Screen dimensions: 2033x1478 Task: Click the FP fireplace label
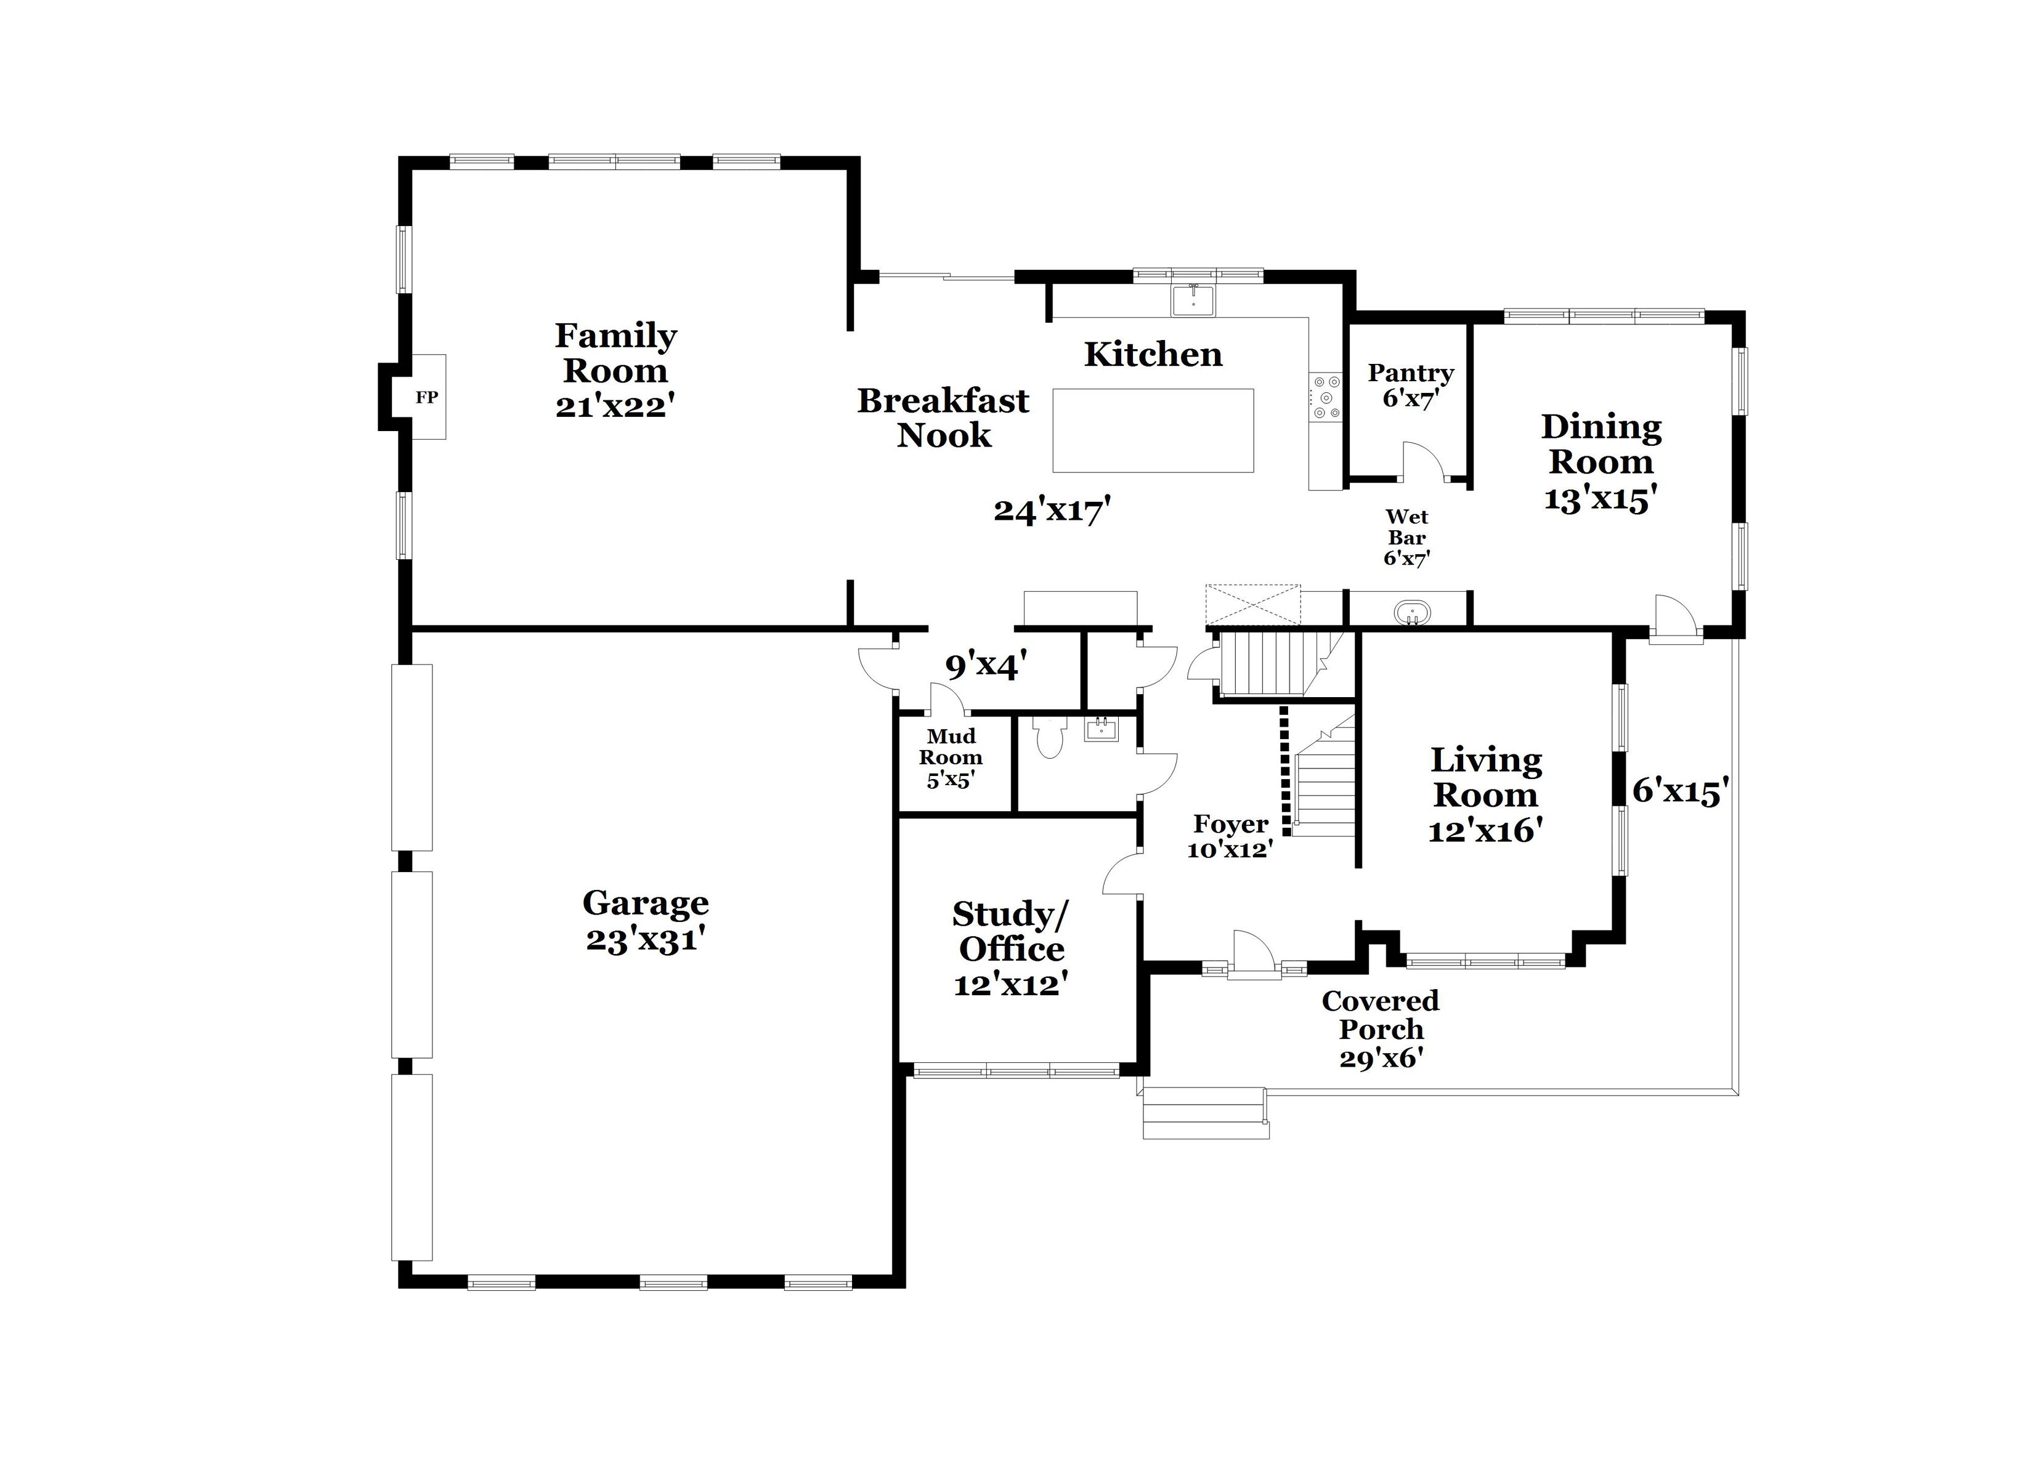tap(427, 397)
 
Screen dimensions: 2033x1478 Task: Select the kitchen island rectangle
tap(1153, 430)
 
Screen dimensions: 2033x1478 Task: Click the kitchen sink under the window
tap(1193, 299)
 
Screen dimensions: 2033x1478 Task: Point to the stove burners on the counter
tap(1326, 397)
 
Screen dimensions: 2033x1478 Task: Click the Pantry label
tap(1411, 373)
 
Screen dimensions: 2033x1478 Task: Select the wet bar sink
tap(1413, 613)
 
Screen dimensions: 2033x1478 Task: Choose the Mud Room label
tap(951, 746)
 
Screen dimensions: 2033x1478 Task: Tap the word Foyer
tap(1231, 825)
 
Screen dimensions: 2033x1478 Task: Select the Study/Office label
tap(1011, 931)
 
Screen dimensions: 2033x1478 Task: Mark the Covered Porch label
tap(1381, 1015)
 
